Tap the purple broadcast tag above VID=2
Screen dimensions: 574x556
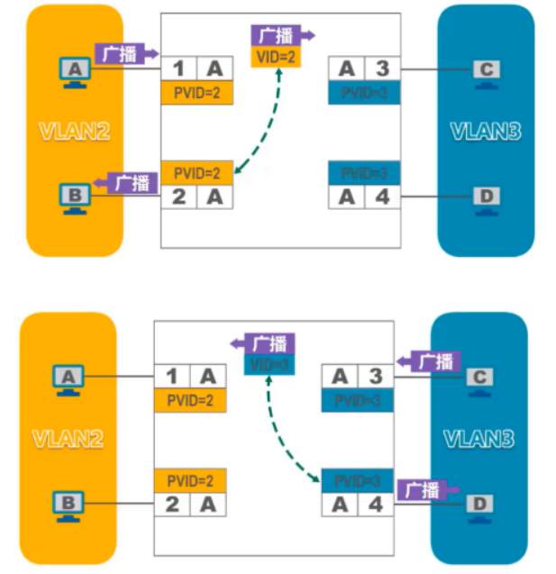coord(278,35)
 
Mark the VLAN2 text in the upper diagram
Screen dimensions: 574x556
coord(74,130)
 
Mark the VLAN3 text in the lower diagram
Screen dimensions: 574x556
coord(479,439)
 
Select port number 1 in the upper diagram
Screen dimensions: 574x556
coord(178,68)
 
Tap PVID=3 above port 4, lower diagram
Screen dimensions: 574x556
coord(359,480)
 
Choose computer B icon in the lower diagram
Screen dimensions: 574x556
coord(67,503)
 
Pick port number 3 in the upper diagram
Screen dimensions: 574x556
coord(382,68)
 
